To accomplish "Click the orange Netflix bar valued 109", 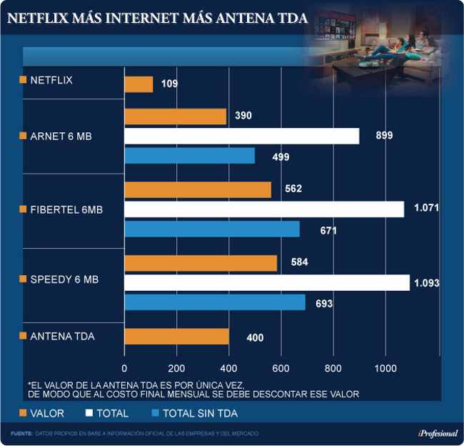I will point(139,84).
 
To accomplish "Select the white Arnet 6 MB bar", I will point(242,136).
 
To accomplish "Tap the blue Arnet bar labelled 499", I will point(190,155).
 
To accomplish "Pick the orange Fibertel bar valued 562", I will point(198,189).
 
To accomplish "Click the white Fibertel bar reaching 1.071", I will point(264,209).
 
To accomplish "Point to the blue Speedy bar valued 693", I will point(215,302).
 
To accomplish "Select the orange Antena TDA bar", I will point(177,336).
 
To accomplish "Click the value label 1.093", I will point(426,284).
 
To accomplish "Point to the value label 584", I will point(300,263).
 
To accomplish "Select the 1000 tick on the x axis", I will point(386,369).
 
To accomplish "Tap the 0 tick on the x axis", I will point(125,369).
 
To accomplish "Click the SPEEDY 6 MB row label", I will point(64,279).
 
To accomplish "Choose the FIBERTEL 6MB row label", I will point(66,209).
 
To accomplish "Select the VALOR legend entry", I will point(47,413).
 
